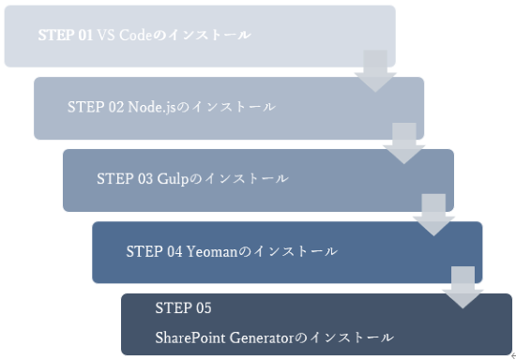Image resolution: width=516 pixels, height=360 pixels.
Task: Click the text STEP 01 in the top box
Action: (66, 36)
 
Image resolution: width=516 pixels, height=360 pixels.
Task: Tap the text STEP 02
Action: (96, 107)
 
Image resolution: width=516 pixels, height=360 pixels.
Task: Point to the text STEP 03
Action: (125, 179)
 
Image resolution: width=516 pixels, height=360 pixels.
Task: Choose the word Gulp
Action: (173, 179)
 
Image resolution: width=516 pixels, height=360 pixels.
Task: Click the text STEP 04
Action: (154, 251)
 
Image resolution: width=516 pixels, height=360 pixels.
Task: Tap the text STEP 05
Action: (184, 308)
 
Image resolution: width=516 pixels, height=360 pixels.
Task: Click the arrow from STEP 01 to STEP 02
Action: (376, 71)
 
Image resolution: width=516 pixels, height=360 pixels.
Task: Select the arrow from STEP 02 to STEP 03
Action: (404, 143)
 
